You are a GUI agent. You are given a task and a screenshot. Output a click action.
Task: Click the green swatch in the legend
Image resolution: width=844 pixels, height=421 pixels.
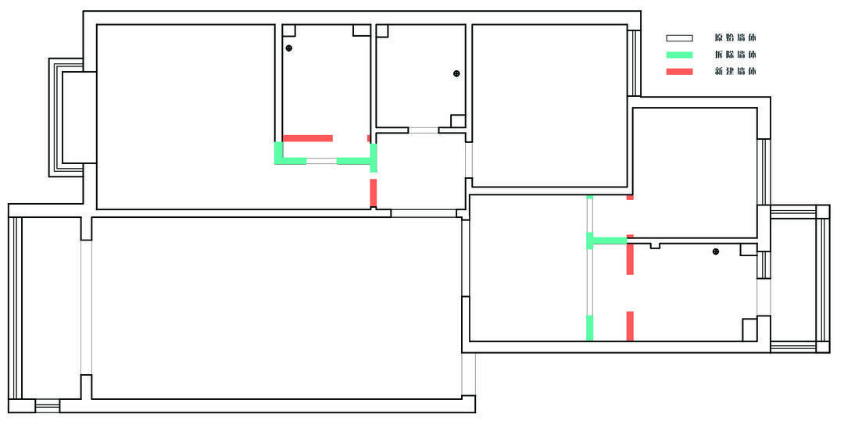(679, 55)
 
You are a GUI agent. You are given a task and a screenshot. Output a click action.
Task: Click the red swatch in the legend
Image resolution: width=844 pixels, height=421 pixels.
(679, 72)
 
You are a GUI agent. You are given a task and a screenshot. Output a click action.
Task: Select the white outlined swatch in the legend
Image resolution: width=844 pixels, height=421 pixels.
(679, 38)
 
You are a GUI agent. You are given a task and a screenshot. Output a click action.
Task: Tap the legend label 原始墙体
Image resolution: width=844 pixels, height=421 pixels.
(735, 38)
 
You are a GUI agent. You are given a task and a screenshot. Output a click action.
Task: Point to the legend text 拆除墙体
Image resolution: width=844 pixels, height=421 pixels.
(735, 55)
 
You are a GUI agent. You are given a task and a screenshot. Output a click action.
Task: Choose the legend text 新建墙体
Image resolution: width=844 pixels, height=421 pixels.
(735, 72)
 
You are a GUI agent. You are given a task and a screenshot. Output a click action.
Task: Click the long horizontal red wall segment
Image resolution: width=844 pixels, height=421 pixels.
(307, 138)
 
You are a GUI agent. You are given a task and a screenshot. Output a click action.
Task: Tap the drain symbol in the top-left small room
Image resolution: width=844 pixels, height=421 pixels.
(289, 48)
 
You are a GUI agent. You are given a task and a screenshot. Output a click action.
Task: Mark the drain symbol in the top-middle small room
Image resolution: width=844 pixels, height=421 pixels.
(456, 73)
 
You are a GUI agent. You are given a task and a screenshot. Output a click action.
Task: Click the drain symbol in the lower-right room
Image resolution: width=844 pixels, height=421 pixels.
(716, 252)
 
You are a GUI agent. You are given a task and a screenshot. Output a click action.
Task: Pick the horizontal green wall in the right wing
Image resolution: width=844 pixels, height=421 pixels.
(606, 241)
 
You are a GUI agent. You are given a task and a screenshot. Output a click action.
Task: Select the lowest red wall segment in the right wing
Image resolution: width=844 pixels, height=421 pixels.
(630, 326)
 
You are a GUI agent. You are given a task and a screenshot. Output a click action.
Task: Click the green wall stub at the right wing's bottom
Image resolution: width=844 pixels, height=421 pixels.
(589, 328)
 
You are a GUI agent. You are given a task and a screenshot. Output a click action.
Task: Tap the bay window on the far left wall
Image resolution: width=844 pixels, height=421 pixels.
(66, 117)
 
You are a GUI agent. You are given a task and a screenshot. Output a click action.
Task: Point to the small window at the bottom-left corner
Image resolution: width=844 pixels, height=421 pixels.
(48, 406)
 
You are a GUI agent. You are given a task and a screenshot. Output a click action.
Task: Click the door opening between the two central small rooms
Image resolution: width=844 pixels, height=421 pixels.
(423, 130)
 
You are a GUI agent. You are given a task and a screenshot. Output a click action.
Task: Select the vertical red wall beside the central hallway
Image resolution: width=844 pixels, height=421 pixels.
(373, 192)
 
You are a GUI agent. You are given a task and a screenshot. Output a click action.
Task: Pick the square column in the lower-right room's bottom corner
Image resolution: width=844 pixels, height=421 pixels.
(749, 330)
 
